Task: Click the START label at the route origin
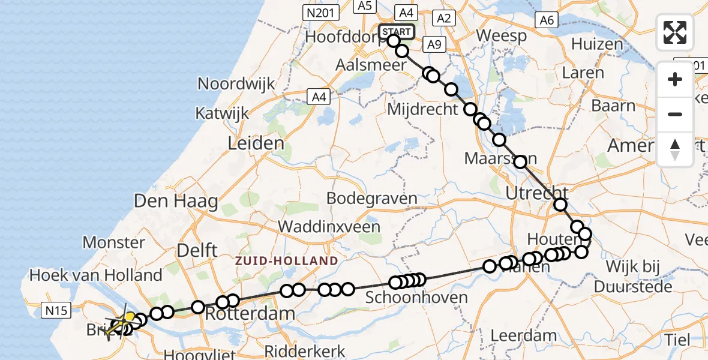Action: [x=397, y=31]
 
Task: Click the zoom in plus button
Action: [x=675, y=79]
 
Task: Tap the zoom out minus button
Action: [x=675, y=114]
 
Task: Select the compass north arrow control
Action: [x=675, y=149]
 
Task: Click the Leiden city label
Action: [x=256, y=143]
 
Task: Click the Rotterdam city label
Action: [x=250, y=313]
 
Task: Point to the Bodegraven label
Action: [x=373, y=199]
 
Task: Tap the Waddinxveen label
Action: [x=329, y=227]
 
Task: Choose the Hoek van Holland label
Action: [x=96, y=275]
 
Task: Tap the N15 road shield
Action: [x=58, y=310]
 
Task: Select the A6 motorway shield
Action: [x=545, y=20]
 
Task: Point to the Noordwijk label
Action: [x=236, y=83]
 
